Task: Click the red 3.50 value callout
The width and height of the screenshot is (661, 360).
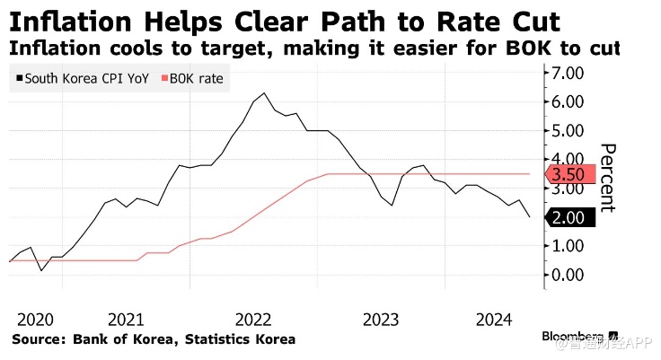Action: point(569,175)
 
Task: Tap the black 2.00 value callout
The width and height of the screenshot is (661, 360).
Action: point(569,217)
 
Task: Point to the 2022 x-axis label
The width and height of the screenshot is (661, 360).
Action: point(254,320)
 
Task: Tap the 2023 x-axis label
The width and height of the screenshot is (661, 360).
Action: point(381,320)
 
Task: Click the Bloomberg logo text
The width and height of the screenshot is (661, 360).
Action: point(575,336)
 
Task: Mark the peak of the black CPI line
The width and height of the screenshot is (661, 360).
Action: point(264,93)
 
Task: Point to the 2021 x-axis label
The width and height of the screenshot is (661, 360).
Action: point(127,320)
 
